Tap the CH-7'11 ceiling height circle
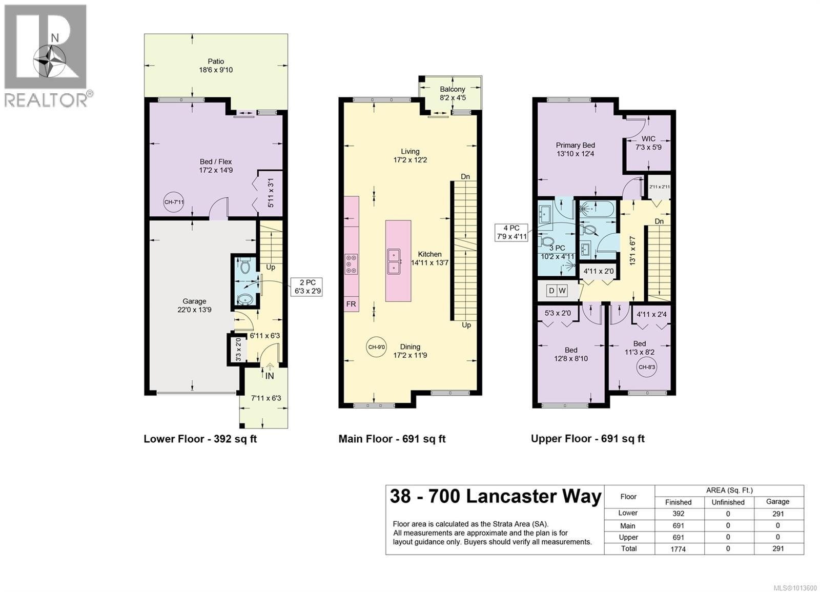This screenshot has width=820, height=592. point(174,202)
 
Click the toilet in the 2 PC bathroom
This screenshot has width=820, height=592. point(244,267)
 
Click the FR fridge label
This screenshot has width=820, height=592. point(351,304)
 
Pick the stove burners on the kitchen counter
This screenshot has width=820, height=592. point(352,264)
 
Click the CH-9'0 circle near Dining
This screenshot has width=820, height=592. point(376,347)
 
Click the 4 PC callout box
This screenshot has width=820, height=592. point(511,232)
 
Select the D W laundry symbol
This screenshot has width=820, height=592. point(557,291)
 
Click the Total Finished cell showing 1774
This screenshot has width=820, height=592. point(678,549)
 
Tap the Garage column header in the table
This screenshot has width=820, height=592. point(777,502)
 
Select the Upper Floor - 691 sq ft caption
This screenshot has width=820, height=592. point(587,439)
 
